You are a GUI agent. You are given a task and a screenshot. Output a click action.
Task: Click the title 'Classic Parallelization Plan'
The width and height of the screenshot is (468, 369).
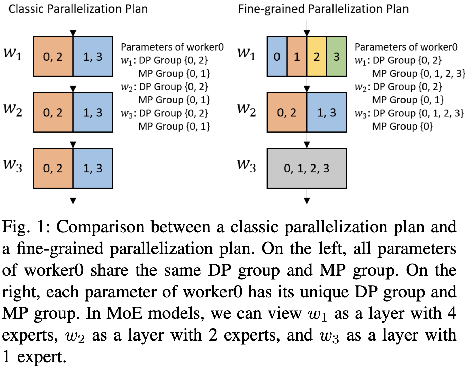(x=78, y=9)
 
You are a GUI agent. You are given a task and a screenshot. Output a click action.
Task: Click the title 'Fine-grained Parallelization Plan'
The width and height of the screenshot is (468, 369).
(x=323, y=9)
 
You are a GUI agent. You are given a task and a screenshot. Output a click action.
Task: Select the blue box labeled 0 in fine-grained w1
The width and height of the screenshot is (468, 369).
(x=277, y=56)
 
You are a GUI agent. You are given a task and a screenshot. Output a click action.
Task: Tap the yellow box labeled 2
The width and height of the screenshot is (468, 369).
(x=317, y=56)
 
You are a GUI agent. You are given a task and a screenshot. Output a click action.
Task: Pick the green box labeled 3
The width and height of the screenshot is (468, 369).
(x=337, y=56)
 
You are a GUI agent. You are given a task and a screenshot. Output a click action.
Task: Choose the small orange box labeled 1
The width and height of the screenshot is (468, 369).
(x=297, y=56)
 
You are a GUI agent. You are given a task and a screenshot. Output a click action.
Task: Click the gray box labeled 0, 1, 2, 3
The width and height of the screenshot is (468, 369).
(x=307, y=168)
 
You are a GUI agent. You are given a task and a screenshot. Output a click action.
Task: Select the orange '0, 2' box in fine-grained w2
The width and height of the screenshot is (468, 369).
(x=287, y=112)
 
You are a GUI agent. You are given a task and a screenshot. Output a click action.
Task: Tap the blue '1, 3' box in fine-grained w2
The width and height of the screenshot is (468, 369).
(x=327, y=112)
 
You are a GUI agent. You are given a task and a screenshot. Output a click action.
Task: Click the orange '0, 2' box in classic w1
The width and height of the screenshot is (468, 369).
(x=53, y=56)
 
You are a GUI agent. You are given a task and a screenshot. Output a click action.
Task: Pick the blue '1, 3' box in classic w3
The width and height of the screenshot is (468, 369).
(x=93, y=168)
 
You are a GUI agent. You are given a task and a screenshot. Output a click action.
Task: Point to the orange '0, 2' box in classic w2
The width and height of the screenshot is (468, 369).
(x=53, y=112)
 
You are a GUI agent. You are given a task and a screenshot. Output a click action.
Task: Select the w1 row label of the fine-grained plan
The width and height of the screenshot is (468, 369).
(x=247, y=53)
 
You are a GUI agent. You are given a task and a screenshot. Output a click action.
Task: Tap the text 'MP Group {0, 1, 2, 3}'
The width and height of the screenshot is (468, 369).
(x=418, y=74)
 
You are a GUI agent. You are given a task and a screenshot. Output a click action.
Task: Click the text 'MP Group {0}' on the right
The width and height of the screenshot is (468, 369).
(x=402, y=127)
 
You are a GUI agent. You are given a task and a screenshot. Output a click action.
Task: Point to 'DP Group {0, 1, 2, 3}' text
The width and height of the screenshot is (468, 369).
(x=418, y=113)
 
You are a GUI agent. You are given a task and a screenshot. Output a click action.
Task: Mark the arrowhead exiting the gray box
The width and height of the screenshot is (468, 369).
(x=307, y=201)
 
